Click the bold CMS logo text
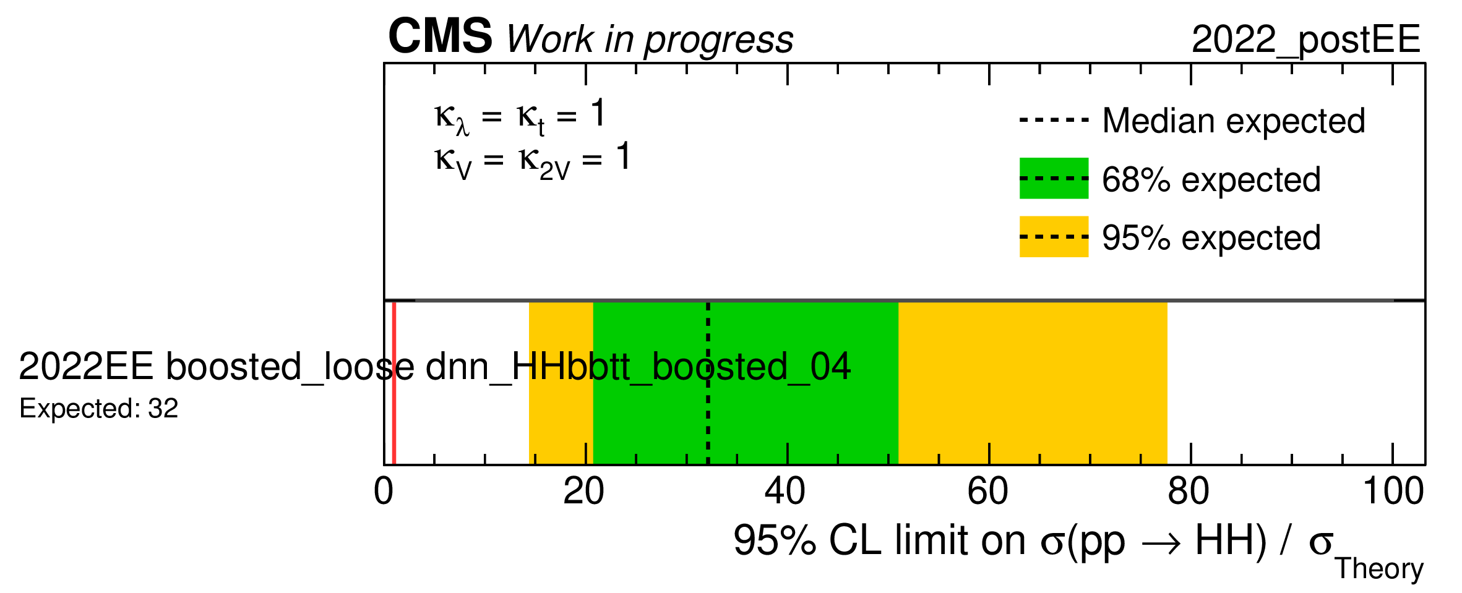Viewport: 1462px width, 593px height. (x=440, y=36)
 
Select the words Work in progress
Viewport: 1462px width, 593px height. (x=650, y=40)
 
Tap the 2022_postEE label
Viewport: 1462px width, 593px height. (x=1305, y=40)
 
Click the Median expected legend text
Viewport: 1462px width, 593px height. (x=1234, y=121)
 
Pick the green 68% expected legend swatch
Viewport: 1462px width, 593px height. (x=1054, y=178)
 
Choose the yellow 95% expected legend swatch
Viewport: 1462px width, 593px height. (x=1054, y=236)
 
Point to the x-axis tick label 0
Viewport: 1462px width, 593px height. (x=384, y=492)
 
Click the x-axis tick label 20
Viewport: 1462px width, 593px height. (x=583, y=492)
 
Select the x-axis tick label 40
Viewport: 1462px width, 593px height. (x=785, y=492)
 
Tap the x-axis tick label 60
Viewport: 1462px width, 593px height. (x=987, y=492)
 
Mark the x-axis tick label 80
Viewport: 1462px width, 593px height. (x=1189, y=492)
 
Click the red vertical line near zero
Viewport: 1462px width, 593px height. (x=394, y=383)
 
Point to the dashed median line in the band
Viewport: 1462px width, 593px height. (x=708, y=383)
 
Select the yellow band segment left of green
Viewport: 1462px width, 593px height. (x=561, y=383)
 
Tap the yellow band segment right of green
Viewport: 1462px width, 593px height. (x=1033, y=383)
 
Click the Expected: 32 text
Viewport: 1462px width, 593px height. (x=99, y=409)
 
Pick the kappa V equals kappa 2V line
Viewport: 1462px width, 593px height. (x=532, y=160)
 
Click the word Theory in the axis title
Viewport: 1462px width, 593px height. (x=1379, y=569)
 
